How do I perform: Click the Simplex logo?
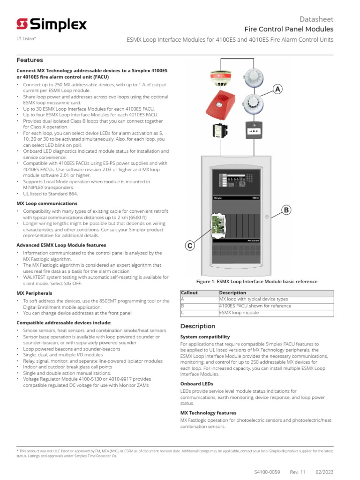52,24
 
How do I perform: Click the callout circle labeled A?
278,89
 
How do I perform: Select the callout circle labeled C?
189,246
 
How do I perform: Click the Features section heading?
30,60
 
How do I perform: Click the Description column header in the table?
232,292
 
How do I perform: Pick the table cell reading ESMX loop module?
239,313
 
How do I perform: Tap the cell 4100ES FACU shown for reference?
255,306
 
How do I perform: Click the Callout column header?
189,292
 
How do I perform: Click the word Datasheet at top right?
316,19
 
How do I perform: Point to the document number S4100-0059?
267,472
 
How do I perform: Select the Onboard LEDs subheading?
197,384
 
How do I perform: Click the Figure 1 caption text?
256,282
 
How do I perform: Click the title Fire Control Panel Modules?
289,29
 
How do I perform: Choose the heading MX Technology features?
208,413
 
